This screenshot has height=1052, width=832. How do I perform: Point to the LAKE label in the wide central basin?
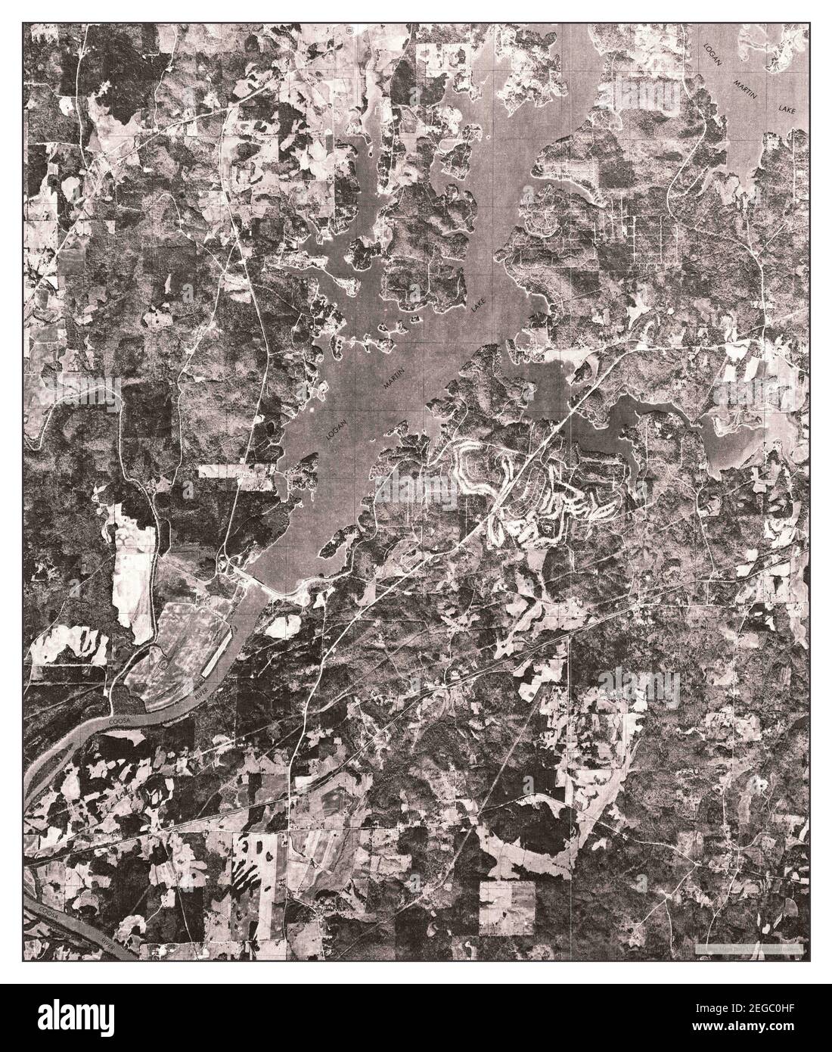477,307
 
